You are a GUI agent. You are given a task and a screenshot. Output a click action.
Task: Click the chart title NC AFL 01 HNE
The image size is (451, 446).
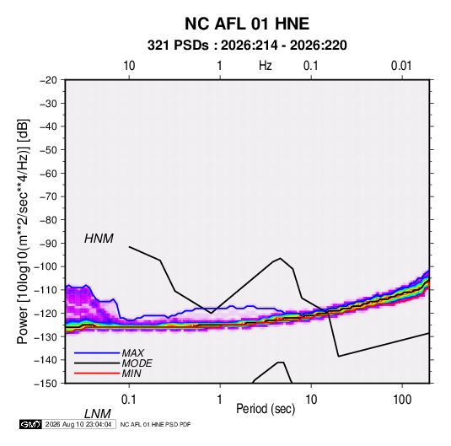pos(247,24)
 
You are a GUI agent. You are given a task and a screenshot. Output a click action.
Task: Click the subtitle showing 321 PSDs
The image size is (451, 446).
pos(247,46)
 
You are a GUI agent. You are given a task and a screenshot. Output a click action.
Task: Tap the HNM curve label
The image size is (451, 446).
pos(99,239)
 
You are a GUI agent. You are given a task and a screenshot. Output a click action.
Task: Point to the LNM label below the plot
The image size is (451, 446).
pos(97,414)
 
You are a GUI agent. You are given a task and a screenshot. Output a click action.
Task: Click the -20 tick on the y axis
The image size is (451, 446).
pos(48,80)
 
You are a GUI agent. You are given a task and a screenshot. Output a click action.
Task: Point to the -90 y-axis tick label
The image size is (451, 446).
pos(48,244)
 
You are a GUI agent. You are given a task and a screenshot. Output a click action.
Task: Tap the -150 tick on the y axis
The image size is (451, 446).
pos(46,384)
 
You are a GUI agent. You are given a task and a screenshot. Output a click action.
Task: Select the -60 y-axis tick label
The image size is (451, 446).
pos(48,174)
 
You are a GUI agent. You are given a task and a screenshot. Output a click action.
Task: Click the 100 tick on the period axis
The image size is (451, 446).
pos(402,400)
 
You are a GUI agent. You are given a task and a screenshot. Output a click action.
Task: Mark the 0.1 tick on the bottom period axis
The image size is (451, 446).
pos(129,400)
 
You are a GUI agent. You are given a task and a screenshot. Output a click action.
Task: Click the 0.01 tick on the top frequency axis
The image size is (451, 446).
pos(401,66)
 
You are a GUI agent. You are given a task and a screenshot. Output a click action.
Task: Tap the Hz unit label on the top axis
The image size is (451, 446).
pos(266,66)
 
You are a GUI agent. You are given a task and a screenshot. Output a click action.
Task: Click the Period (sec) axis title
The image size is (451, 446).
pos(266,409)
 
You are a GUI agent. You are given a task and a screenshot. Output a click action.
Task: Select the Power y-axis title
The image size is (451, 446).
pos(23,231)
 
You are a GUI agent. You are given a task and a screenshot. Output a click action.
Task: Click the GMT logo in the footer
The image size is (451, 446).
pos(31,424)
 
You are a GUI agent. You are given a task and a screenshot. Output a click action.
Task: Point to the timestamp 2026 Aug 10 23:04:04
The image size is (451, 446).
pos(78,424)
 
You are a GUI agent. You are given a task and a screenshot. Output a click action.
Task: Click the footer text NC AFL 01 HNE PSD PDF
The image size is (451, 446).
pos(155,424)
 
